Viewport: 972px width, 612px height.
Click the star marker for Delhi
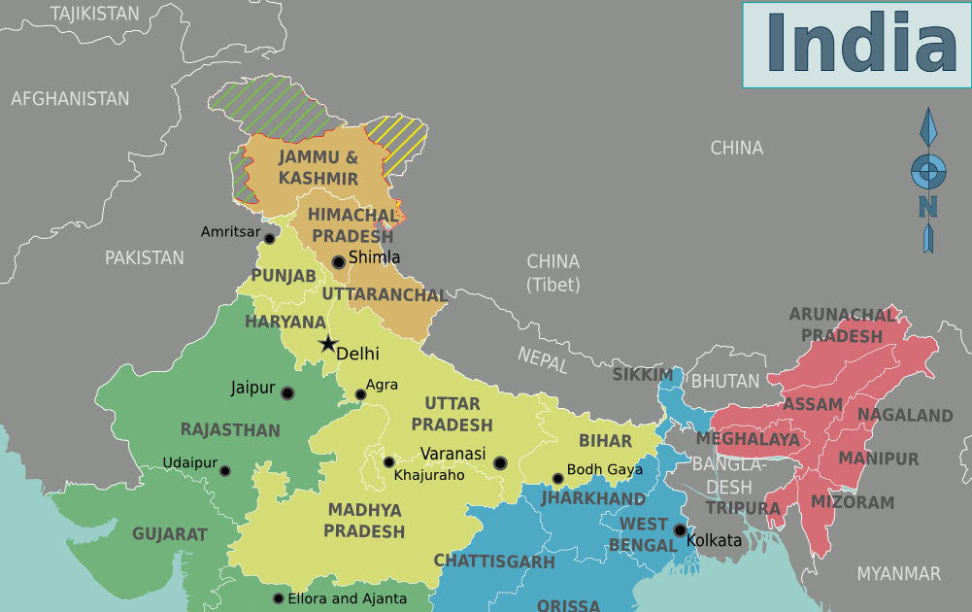(328, 344)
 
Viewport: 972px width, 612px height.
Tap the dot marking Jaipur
(287, 393)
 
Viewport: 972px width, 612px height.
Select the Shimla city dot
(338, 261)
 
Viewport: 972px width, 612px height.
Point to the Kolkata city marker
(680, 529)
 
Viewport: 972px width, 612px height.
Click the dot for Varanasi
(500, 463)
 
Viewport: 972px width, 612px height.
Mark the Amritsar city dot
(270, 238)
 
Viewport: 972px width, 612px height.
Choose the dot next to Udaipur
(225, 471)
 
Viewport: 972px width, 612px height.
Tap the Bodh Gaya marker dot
(557, 479)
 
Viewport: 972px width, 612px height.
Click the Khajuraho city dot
(388, 462)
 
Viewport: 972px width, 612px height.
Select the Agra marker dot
(360, 394)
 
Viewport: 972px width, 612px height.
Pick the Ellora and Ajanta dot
(279, 598)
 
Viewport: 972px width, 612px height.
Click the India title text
(860, 44)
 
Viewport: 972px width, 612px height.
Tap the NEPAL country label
(542, 359)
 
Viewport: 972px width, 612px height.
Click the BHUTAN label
(725, 382)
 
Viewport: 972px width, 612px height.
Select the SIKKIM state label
(642, 375)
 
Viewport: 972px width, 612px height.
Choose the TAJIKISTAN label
(95, 14)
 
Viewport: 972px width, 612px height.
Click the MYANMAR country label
(898, 574)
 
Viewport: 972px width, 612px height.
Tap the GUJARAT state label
(170, 534)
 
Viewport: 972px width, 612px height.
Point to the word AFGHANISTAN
(70, 99)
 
